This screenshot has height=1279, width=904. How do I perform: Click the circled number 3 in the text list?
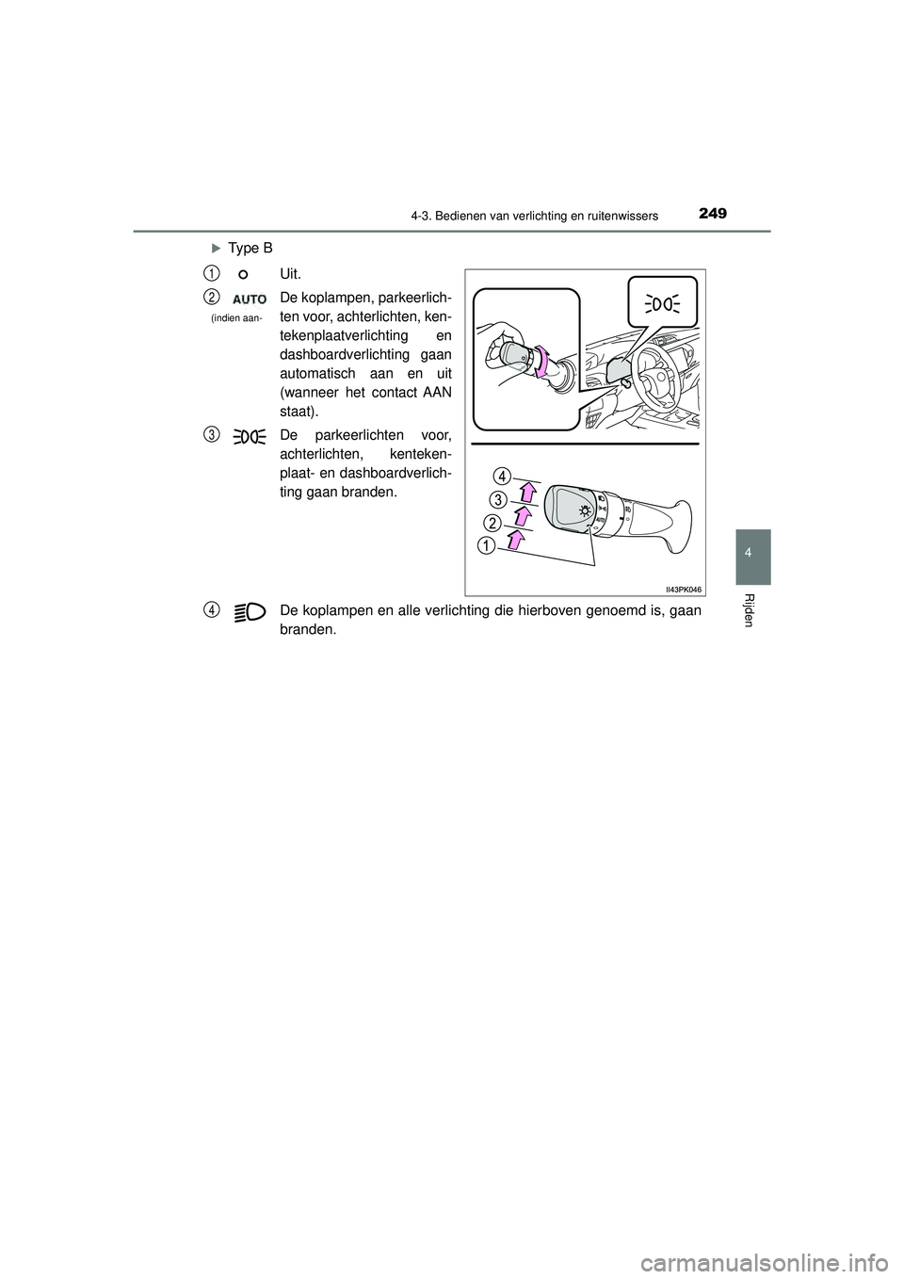pyautogui.click(x=214, y=433)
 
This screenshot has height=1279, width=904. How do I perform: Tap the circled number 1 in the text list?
pyautogui.click(x=214, y=272)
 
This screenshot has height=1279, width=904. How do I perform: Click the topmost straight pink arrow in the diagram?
pyautogui.click(x=528, y=492)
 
